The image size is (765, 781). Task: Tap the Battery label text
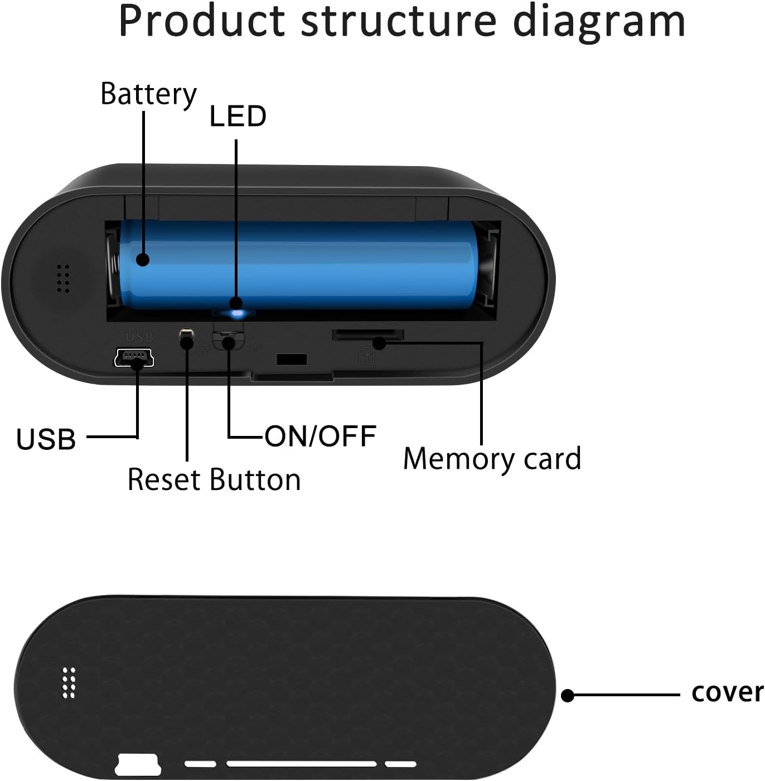click(x=148, y=94)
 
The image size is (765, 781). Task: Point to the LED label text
click(x=238, y=117)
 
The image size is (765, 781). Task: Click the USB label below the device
click(x=46, y=439)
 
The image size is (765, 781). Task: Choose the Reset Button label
click(x=214, y=479)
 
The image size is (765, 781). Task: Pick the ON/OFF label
click(x=321, y=436)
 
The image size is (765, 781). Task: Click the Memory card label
click(x=492, y=459)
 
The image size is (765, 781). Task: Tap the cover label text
click(x=726, y=692)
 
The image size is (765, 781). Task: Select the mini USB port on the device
click(x=134, y=358)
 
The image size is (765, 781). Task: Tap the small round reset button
click(x=186, y=336)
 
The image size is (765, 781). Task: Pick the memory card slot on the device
click(x=368, y=334)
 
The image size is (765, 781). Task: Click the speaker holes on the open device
click(x=63, y=278)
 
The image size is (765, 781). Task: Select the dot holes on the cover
click(x=69, y=682)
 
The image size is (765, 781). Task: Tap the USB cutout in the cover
click(x=138, y=764)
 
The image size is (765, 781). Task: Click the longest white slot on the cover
click(x=301, y=764)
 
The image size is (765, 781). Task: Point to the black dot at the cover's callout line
click(x=568, y=695)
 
